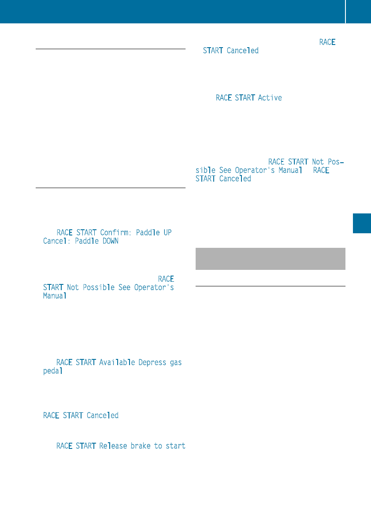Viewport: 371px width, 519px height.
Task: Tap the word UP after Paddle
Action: [x=167, y=232]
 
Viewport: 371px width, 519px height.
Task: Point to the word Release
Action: [x=113, y=446]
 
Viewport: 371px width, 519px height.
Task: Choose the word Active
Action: [x=270, y=97]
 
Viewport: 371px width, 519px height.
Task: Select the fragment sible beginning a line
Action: [x=205, y=170]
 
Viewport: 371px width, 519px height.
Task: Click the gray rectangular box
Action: [x=270, y=258]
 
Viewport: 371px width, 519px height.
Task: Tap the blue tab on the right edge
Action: [x=362, y=223]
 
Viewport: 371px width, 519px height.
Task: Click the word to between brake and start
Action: [x=158, y=446]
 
